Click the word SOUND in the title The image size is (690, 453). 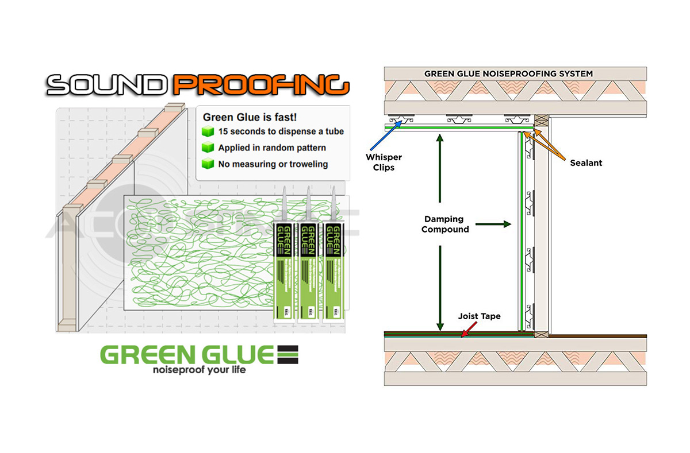109,85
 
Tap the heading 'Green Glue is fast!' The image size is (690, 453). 250,117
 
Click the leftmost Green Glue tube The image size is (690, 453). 284,258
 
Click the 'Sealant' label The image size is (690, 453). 586,163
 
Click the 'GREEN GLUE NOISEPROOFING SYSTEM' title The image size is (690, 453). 508,73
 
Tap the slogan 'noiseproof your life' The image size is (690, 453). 199,370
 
